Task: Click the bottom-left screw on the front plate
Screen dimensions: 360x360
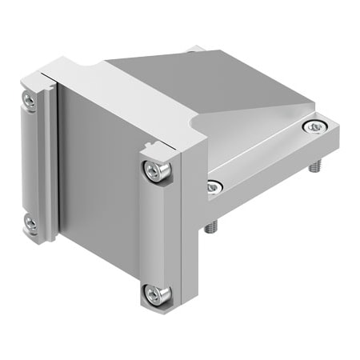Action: coord(31,224)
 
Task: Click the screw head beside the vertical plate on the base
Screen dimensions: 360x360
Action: coord(212,187)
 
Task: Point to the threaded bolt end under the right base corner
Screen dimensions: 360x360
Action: coord(313,170)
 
